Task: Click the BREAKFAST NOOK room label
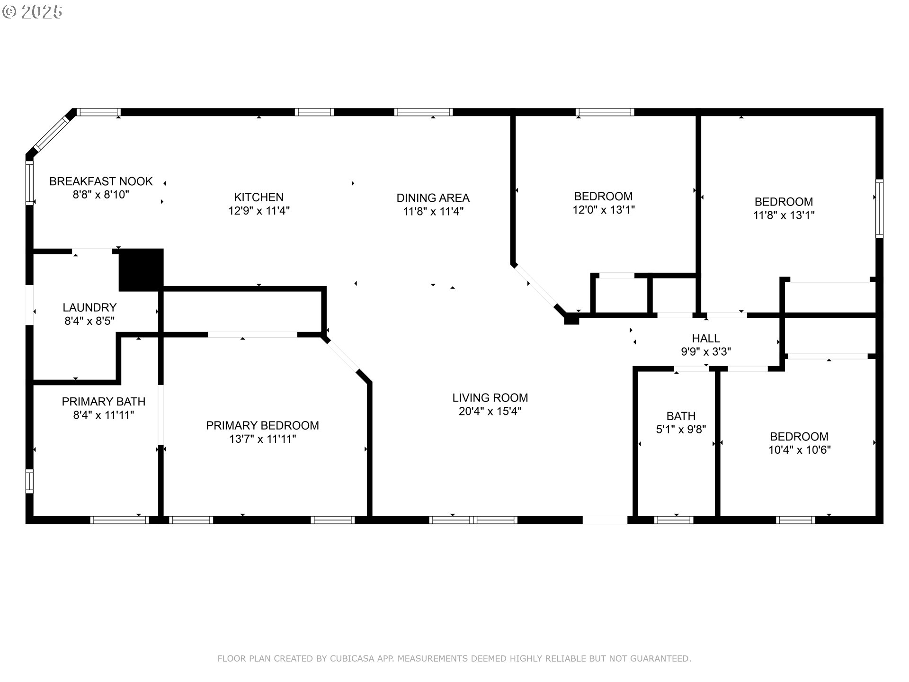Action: coord(101,181)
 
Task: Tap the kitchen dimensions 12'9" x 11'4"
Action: coord(259,211)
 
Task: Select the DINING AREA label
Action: coord(433,198)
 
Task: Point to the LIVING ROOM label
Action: coord(490,398)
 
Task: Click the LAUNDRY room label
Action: coord(89,308)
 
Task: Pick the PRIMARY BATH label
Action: coord(104,402)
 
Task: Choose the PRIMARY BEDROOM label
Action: coord(262,426)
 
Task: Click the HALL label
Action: coord(706,339)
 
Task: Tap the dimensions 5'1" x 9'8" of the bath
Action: coord(681,430)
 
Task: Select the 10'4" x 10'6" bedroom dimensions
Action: coord(799,450)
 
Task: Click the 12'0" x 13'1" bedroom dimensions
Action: coord(604,210)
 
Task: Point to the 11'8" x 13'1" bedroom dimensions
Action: coord(784,215)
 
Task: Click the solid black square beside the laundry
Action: coord(141,269)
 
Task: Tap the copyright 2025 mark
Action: coord(32,12)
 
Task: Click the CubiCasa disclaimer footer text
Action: coord(454,658)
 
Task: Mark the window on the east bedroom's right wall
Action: coord(879,208)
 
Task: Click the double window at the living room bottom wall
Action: coord(473,520)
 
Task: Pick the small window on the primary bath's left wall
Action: coord(29,481)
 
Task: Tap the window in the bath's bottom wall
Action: coord(674,520)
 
